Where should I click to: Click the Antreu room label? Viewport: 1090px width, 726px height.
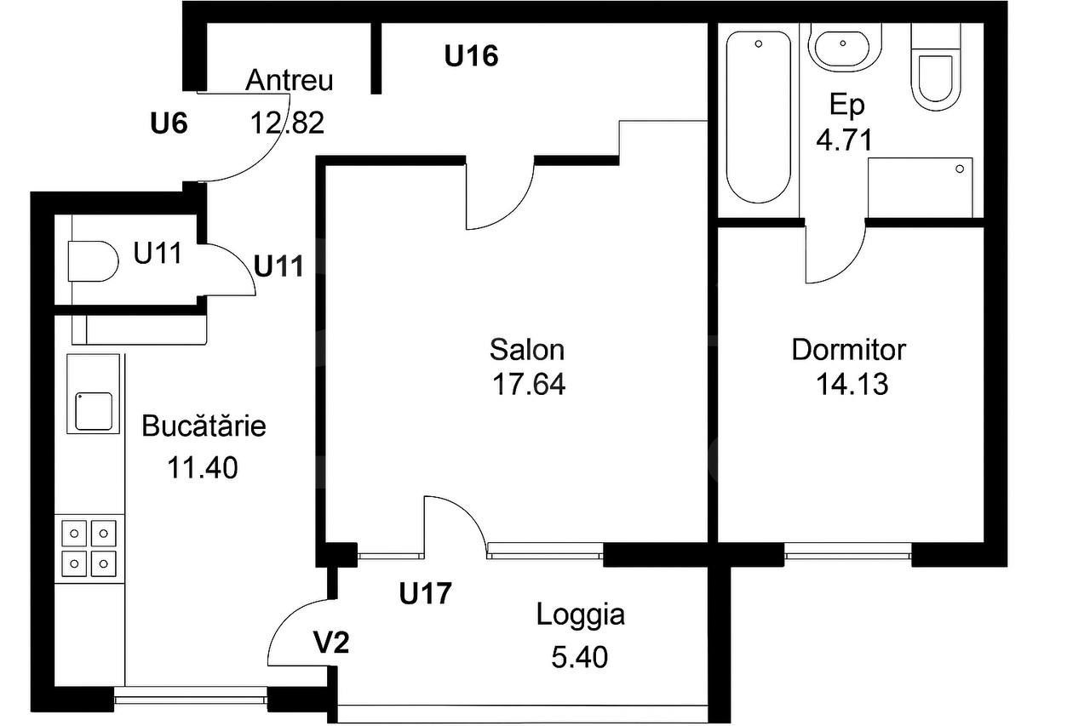point(289,81)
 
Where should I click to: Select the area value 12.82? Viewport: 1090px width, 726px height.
point(287,123)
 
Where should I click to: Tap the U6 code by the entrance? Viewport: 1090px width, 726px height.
point(168,124)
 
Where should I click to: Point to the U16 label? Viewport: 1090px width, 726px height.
point(471,57)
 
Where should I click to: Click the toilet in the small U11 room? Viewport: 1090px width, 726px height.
point(92,260)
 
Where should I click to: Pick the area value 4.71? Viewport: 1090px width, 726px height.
point(844,140)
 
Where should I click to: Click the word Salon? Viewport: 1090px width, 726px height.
point(527,349)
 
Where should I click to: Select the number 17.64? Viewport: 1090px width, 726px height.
point(528,385)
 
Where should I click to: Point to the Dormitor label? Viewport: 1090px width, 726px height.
point(848,349)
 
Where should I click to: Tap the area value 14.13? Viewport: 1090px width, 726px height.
point(852,385)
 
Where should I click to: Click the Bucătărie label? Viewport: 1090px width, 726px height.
point(204,426)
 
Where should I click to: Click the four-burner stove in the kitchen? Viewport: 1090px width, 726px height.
point(89,548)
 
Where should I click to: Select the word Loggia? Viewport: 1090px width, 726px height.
point(580,615)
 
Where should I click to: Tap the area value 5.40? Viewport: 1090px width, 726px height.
point(579,656)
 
